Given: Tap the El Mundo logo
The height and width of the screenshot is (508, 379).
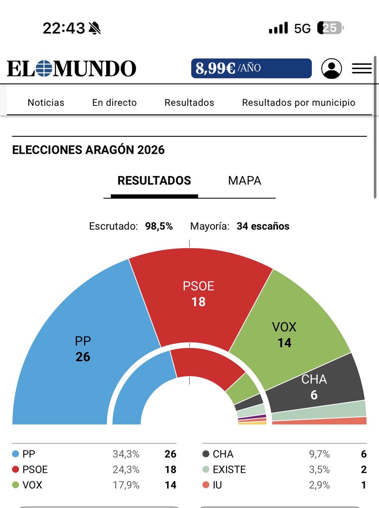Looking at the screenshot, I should (x=71, y=69).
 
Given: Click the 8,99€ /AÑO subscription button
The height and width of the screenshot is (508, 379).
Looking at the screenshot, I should (x=251, y=68).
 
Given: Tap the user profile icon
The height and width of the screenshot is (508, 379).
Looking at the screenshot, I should (x=331, y=69).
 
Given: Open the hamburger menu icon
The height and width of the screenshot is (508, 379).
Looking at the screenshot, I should (x=362, y=69).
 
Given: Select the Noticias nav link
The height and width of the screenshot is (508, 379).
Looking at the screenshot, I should (x=46, y=102).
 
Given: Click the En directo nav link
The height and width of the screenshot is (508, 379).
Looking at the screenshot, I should (x=114, y=102).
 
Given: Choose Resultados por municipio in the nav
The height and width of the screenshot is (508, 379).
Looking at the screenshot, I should (x=298, y=102).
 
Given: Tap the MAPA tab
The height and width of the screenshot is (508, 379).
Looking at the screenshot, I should (x=245, y=181).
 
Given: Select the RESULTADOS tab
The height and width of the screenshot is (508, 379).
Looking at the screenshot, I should (x=154, y=181).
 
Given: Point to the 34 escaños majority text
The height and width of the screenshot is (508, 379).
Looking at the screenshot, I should (x=263, y=226).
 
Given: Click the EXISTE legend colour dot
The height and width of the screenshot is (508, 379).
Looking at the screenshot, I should (x=206, y=469).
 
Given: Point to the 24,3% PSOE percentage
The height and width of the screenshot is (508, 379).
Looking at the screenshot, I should (x=126, y=469).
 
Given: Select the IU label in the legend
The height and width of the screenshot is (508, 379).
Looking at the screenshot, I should (x=217, y=485).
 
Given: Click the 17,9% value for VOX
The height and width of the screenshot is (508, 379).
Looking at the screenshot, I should (x=126, y=485).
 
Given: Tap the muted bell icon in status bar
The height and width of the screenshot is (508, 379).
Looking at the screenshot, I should (x=95, y=28).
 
